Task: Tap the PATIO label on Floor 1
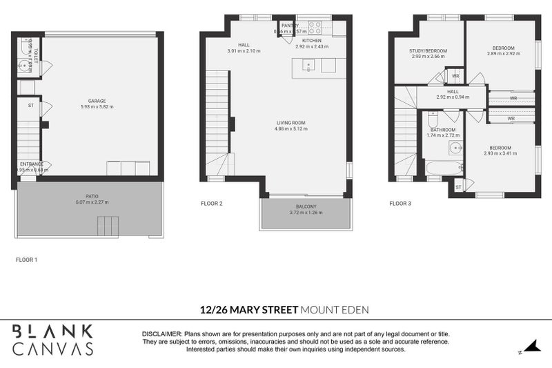[x=87, y=196]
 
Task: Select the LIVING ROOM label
[x=290, y=123]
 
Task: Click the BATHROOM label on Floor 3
[x=443, y=129]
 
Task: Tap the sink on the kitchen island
[x=307, y=66]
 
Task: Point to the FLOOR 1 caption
[x=26, y=260]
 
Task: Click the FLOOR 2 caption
[x=211, y=204]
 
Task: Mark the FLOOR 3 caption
[x=400, y=204]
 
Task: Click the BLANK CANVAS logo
[x=52, y=339]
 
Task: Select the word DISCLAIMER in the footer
[x=161, y=333]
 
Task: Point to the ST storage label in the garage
[x=30, y=106]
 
